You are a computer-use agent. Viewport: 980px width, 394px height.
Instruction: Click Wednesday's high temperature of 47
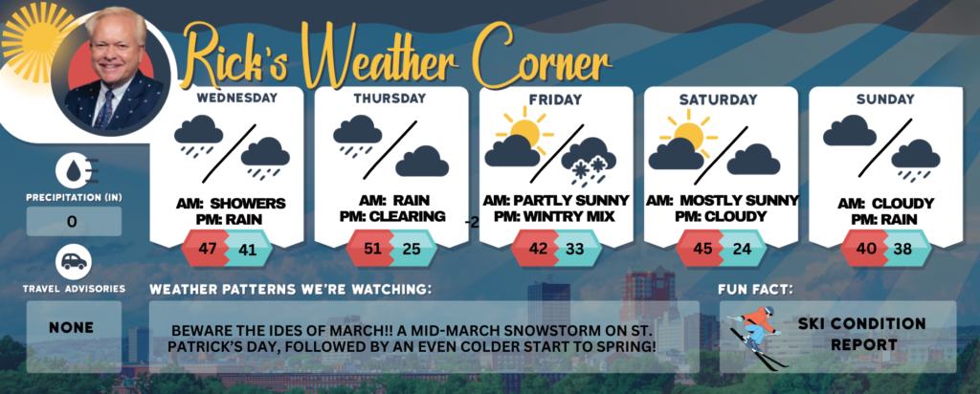(x=207, y=248)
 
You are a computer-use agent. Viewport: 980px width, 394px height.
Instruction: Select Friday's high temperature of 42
(x=537, y=248)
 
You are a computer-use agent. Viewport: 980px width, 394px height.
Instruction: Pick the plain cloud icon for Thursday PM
(x=422, y=161)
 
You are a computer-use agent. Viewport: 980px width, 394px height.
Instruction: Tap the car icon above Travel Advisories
(x=74, y=262)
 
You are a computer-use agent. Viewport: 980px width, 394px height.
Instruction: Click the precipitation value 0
(x=73, y=222)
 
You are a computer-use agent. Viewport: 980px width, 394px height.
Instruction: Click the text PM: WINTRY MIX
(x=555, y=217)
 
